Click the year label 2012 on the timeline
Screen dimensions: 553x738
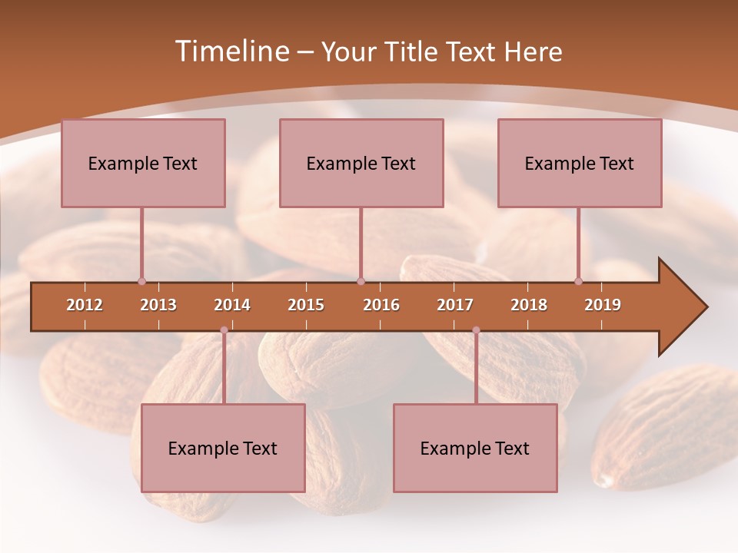coord(85,305)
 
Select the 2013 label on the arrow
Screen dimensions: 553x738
coord(158,305)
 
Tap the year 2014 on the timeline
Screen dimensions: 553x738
coord(232,305)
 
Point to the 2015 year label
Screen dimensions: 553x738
coord(306,305)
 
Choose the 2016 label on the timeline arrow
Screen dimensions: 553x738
coord(381,305)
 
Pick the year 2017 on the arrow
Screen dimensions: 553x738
coord(455,305)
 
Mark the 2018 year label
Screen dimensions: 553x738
coord(529,305)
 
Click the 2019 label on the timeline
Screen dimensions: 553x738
coord(603,305)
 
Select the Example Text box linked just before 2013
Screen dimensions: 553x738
coord(143,163)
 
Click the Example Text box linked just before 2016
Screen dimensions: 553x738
coord(361,163)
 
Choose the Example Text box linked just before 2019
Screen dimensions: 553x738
coord(580,163)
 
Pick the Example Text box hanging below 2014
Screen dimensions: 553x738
coord(223,448)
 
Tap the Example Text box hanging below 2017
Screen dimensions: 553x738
coord(475,448)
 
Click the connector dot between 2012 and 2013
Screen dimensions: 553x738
coord(141,281)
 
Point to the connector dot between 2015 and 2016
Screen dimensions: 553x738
coord(361,281)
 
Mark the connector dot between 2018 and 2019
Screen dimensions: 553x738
coord(579,281)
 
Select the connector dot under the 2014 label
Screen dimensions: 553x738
coord(224,330)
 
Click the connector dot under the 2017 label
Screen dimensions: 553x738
coord(476,330)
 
